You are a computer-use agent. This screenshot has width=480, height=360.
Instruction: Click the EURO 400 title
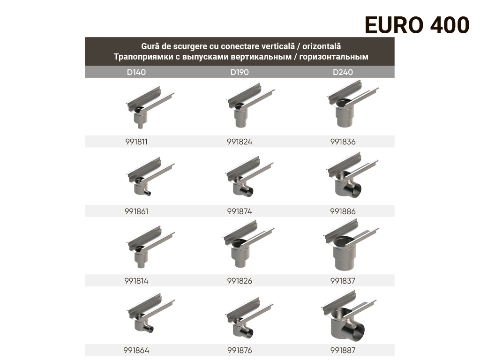pyautogui.click(x=417, y=25)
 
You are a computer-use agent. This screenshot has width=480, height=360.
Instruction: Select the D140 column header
pyautogui.click(x=136, y=72)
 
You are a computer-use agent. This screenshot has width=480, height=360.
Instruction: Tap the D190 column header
pyautogui.click(x=240, y=72)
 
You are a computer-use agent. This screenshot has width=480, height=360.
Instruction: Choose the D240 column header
pyautogui.click(x=343, y=72)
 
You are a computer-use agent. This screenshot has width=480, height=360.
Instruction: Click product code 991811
pyautogui.click(x=136, y=142)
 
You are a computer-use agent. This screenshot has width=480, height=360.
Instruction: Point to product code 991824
pyautogui.click(x=240, y=142)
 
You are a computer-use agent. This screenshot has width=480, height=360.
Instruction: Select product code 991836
pyautogui.click(x=343, y=142)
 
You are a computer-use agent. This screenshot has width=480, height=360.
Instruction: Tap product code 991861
pyautogui.click(x=136, y=211)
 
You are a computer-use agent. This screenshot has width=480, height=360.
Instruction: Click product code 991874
pyautogui.click(x=240, y=211)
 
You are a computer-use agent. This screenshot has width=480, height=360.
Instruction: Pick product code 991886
pyautogui.click(x=343, y=211)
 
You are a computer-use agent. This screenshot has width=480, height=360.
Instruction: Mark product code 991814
pyautogui.click(x=136, y=281)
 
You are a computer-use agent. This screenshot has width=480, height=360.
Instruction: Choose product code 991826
pyautogui.click(x=240, y=281)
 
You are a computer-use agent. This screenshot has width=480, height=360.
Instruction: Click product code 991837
pyautogui.click(x=343, y=281)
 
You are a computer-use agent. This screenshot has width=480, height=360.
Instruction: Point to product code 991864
pyautogui.click(x=136, y=350)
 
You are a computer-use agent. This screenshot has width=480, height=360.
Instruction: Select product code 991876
pyautogui.click(x=240, y=350)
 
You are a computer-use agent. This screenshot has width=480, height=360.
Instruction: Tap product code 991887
pyautogui.click(x=343, y=350)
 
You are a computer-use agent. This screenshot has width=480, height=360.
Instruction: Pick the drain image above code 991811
pyautogui.click(x=150, y=107)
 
